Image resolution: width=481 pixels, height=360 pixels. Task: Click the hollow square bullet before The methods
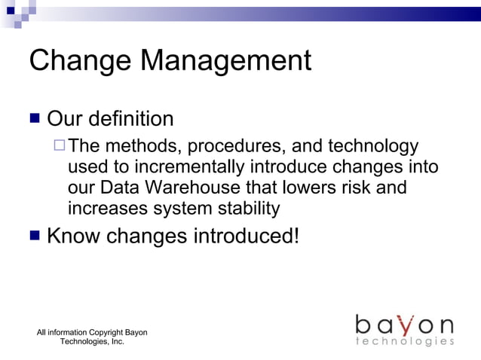(60, 146)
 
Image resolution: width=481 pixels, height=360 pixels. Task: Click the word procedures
(228, 147)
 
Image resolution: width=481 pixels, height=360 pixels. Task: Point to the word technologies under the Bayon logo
(405, 342)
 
